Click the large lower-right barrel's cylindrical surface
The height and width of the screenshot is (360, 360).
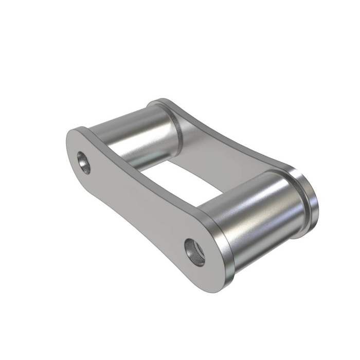[x=252, y=206]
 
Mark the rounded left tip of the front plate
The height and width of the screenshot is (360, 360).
[x=70, y=144]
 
